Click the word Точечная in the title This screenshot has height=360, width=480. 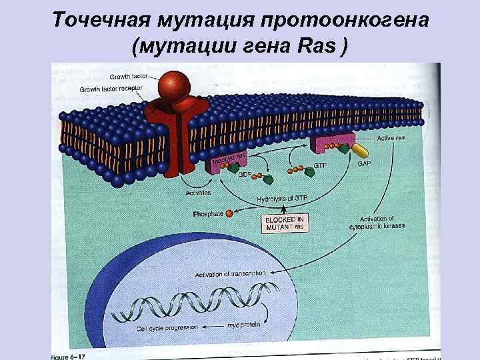106,19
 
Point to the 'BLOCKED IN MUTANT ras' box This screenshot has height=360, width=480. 285,223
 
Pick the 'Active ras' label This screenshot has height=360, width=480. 391,137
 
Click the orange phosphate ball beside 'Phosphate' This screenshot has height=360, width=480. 229,213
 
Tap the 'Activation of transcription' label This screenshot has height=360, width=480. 230,273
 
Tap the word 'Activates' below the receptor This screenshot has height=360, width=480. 198,193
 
